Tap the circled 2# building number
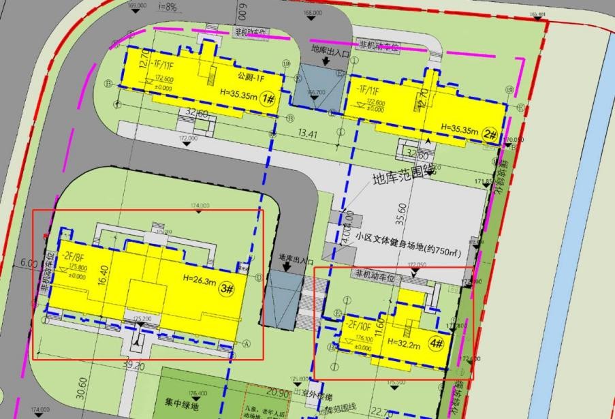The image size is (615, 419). pyautogui.click(x=489, y=134)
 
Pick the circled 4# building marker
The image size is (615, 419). pyautogui.click(x=437, y=343)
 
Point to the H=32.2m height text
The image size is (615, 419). pyautogui.click(x=405, y=341)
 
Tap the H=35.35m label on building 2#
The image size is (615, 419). pyautogui.click(x=460, y=128)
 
